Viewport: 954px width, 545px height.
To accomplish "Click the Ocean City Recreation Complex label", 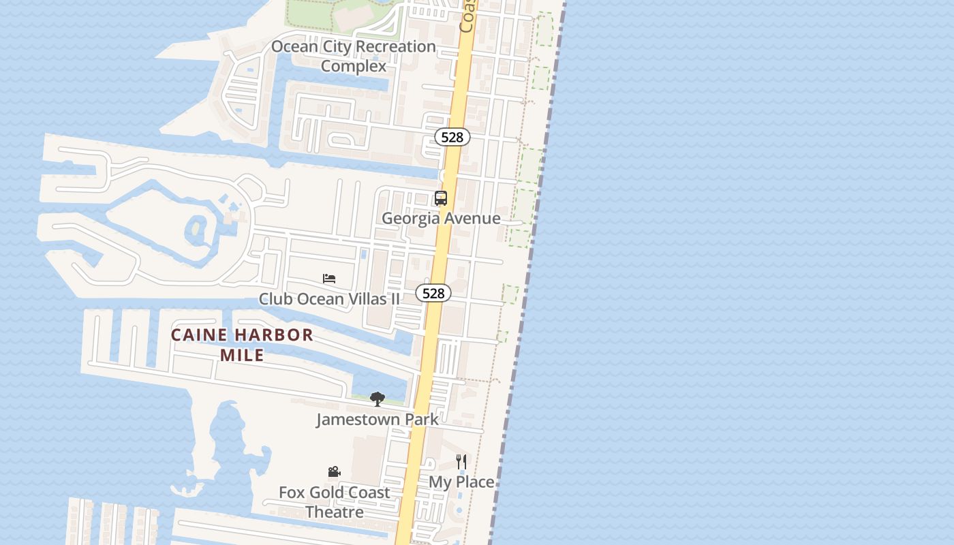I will click(353, 56).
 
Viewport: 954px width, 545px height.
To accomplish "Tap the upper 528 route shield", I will click(452, 138).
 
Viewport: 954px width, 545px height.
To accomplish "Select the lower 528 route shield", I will click(433, 293).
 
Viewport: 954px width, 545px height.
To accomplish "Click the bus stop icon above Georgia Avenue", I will click(441, 198).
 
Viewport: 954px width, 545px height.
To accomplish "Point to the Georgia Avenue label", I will click(441, 219).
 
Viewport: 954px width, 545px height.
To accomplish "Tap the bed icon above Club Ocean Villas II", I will click(329, 279).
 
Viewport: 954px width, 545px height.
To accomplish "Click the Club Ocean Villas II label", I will click(329, 298).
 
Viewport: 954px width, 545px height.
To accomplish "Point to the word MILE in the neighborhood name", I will click(242, 356).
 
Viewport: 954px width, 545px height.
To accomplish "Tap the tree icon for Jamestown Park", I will click(377, 399).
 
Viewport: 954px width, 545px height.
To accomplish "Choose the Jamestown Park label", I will click(377, 419).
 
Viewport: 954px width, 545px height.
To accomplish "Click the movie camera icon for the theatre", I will click(334, 472).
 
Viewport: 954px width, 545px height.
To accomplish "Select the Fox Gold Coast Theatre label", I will click(334, 502).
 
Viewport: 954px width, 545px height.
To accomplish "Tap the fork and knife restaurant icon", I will click(461, 462).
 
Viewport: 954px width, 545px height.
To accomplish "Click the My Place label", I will click(461, 482).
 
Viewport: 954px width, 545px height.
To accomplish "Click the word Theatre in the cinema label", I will click(334, 512).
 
